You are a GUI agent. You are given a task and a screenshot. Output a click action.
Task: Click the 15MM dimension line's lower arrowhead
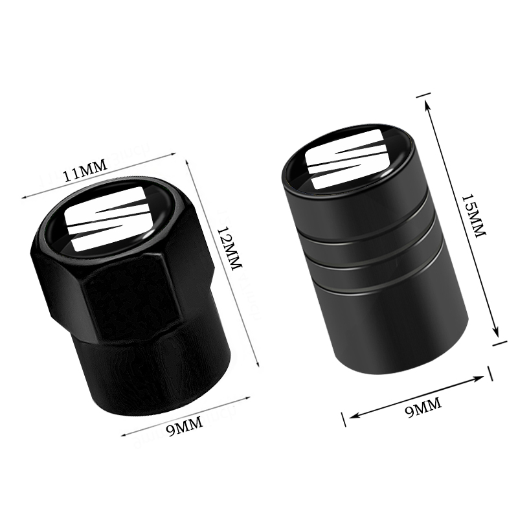pyautogui.click(x=497, y=335)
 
